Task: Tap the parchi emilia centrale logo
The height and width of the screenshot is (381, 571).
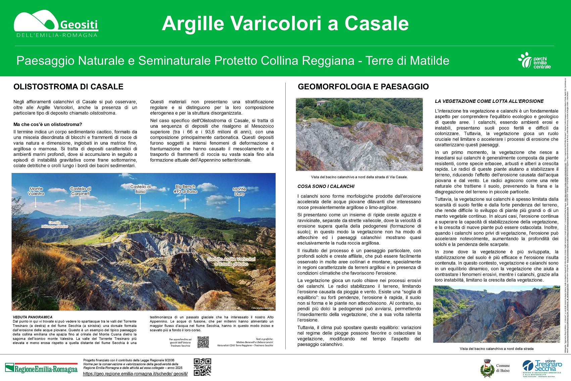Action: tap(534, 61)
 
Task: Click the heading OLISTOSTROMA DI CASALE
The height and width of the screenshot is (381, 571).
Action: tap(68, 87)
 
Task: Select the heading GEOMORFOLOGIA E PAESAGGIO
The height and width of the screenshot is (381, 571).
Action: tap(363, 87)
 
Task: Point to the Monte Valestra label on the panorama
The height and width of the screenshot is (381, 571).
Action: tap(36, 191)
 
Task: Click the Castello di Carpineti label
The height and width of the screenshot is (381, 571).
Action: tap(81, 191)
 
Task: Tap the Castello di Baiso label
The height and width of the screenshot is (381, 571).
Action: tap(141, 189)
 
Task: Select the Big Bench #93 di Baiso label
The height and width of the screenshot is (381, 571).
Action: tap(185, 189)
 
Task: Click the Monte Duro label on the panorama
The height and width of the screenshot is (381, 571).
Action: tap(239, 192)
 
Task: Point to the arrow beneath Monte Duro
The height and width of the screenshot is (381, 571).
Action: tap(239, 204)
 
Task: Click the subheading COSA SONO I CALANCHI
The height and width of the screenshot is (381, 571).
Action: tap(326, 186)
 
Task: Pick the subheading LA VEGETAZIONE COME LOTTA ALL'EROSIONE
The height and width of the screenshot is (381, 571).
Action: tap(489, 101)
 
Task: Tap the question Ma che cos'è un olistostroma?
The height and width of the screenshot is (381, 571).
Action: tap(48, 124)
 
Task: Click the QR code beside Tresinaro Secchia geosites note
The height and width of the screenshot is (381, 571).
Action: tap(203, 342)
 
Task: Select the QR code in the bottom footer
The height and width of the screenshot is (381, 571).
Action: tap(202, 367)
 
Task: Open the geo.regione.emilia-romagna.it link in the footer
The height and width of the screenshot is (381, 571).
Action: tap(135, 374)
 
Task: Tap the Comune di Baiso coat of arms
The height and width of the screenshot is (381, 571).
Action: tap(487, 368)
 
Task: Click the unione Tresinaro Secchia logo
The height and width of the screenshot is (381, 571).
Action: tap(542, 368)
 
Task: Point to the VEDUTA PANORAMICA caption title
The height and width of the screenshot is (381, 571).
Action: tap(33, 317)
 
